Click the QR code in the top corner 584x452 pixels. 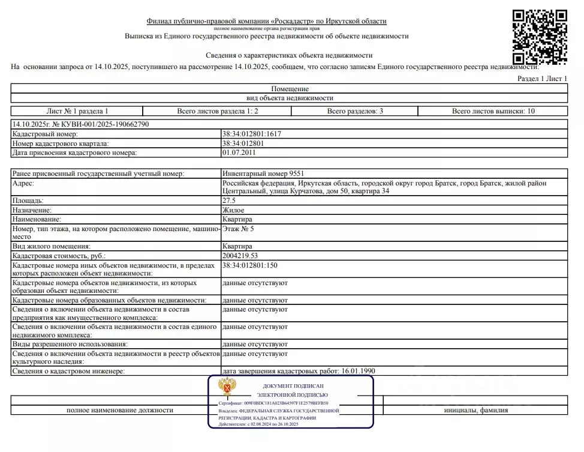click(540, 36)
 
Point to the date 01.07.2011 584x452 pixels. click(239, 152)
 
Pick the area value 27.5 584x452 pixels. click(229, 200)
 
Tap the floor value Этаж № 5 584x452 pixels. click(238, 229)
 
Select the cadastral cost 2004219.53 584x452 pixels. click(243, 256)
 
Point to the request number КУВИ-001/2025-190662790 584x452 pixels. click(80, 124)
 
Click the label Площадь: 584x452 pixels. click(28, 200)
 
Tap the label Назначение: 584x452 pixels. click(32, 210)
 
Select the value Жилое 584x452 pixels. click(233, 210)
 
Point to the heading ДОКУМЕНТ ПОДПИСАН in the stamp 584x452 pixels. click(293, 386)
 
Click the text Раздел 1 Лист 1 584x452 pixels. click(542, 79)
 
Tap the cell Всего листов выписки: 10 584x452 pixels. click(493, 111)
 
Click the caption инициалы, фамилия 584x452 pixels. click(476, 410)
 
